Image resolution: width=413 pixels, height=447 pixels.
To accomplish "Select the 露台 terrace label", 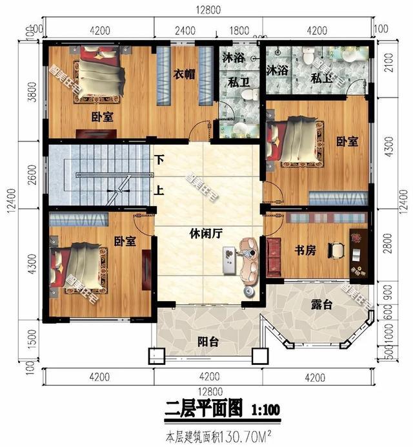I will (321, 304).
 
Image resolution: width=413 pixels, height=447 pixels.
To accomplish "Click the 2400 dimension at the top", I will (185, 30).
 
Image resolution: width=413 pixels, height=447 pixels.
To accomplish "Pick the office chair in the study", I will (336, 249).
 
